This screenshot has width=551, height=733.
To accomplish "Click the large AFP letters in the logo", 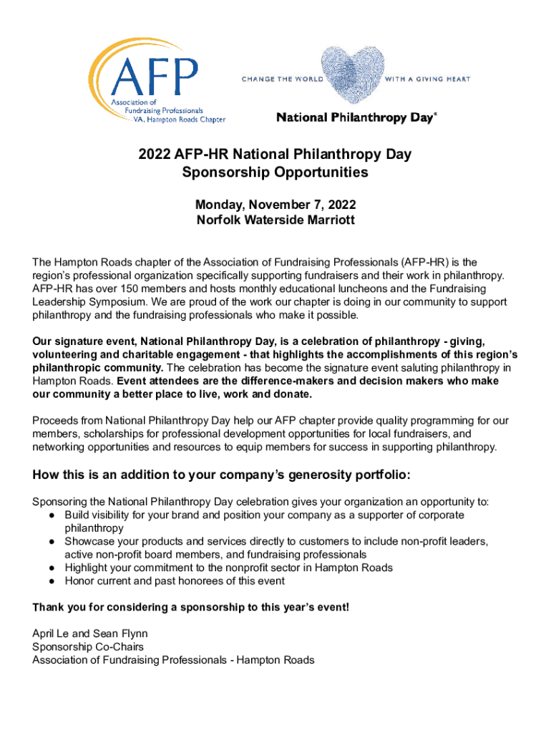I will point(155,74).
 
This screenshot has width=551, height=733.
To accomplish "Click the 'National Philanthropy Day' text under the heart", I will point(356,117).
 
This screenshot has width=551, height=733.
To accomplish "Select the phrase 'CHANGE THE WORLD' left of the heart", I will point(283,79).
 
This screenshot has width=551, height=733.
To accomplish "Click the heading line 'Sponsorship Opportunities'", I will point(275,173).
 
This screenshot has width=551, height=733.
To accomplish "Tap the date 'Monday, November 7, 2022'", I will point(275,205).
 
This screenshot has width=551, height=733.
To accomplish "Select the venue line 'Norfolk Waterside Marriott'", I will point(275,220).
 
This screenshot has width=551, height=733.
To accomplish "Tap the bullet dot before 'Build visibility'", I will point(54,515).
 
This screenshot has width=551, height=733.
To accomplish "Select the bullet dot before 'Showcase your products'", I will point(54,542).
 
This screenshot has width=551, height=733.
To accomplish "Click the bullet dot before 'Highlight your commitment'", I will point(54,568).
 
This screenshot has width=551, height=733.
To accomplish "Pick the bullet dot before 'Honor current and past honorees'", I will point(54,581).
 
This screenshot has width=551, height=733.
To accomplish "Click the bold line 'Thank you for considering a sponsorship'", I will point(191,608).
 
